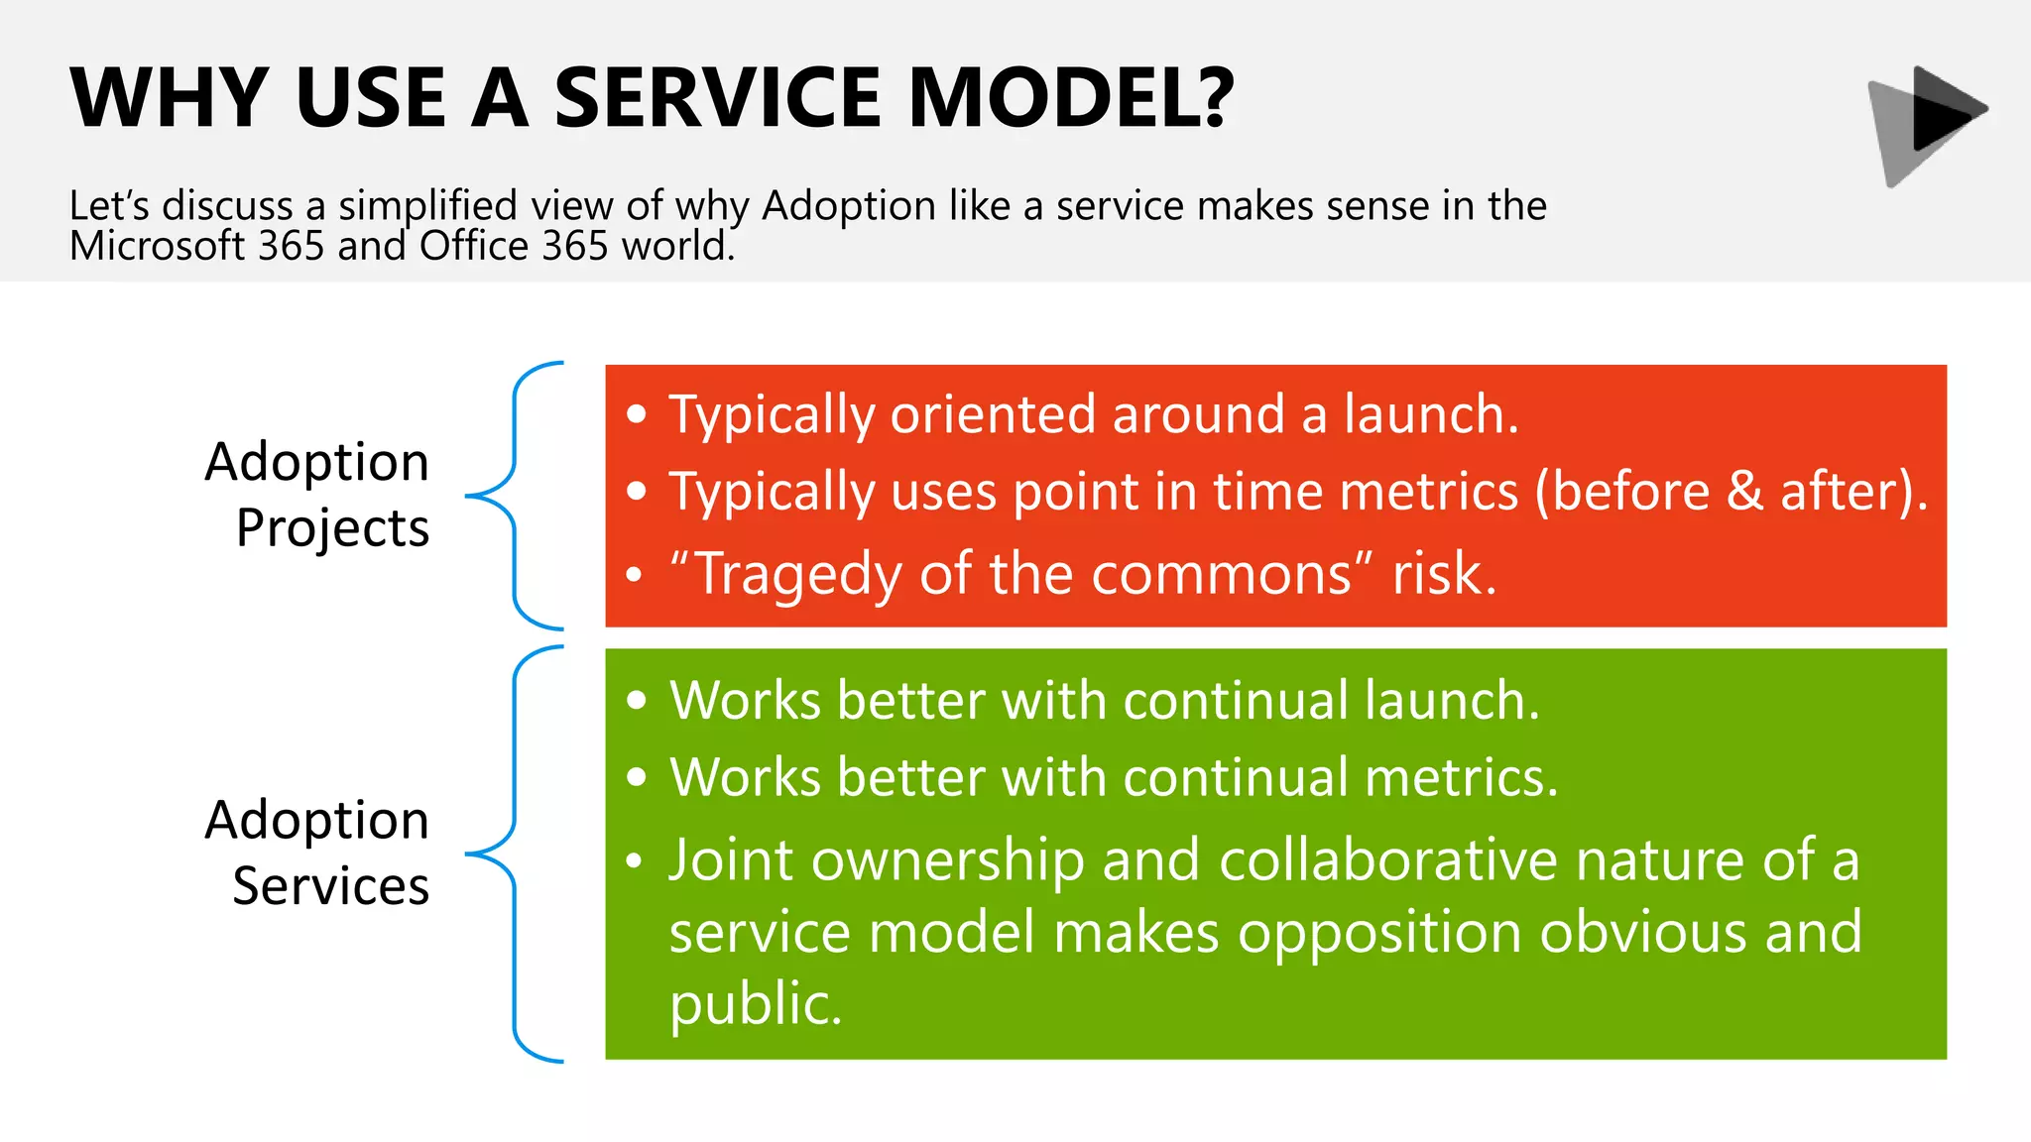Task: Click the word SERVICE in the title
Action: point(717,98)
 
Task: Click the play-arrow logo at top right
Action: point(1928,124)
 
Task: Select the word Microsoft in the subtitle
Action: point(157,246)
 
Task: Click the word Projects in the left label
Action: point(332,527)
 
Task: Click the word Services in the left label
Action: point(330,885)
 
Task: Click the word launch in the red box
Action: point(1428,414)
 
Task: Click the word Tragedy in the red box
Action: point(798,575)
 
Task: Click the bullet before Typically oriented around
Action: point(637,414)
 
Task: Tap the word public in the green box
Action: point(754,1004)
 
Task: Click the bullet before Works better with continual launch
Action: point(637,701)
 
